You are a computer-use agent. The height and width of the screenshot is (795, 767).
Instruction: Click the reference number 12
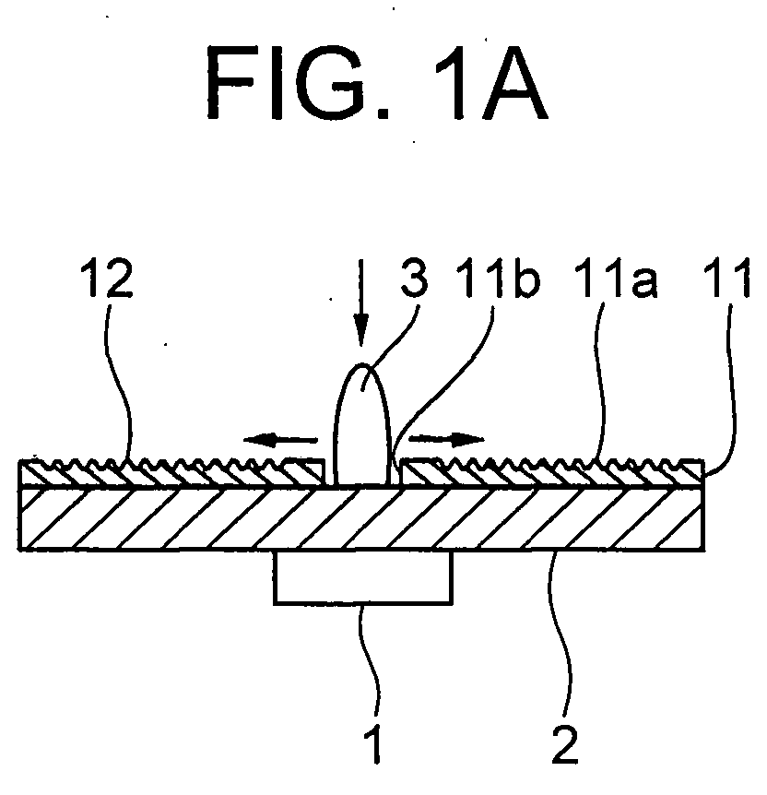[x=106, y=279]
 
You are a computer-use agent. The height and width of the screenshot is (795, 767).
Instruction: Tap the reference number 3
[x=414, y=279]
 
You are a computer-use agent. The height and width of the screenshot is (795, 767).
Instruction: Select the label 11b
[x=498, y=279]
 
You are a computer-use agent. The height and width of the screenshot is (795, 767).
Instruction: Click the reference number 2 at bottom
[x=565, y=743]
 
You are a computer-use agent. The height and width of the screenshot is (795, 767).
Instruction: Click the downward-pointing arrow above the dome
[x=361, y=303]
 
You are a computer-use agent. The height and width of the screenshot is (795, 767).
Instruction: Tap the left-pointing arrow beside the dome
[x=281, y=440]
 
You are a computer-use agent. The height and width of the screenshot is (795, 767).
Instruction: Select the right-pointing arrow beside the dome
[x=446, y=439]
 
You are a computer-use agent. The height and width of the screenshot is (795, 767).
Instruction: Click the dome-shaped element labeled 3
[x=363, y=426]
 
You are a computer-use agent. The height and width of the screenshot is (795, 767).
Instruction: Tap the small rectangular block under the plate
[x=363, y=577]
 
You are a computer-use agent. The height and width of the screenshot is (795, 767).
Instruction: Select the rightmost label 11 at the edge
[x=726, y=279]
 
